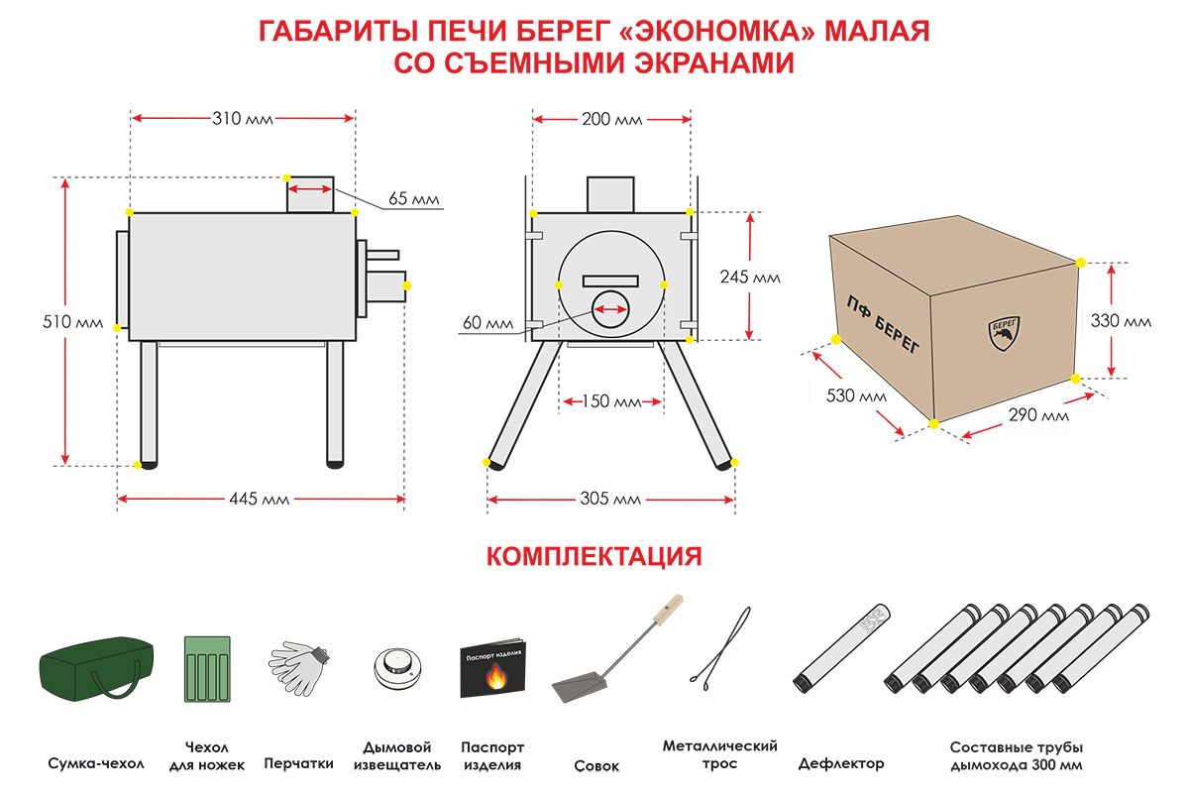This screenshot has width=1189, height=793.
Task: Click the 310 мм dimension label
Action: (242, 119)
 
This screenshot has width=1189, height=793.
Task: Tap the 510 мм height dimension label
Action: (80, 323)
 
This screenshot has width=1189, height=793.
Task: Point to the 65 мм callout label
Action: (412, 199)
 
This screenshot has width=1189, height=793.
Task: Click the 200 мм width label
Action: (611, 119)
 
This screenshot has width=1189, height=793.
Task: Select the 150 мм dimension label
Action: (611, 402)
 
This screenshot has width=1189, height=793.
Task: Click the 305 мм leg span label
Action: (611, 500)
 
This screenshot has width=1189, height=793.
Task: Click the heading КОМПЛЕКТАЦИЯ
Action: (594, 556)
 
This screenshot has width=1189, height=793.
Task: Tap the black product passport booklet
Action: (492, 669)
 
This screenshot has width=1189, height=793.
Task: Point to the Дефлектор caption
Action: (840, 764)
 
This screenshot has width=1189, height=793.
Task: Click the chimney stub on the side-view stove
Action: (311, 194)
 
